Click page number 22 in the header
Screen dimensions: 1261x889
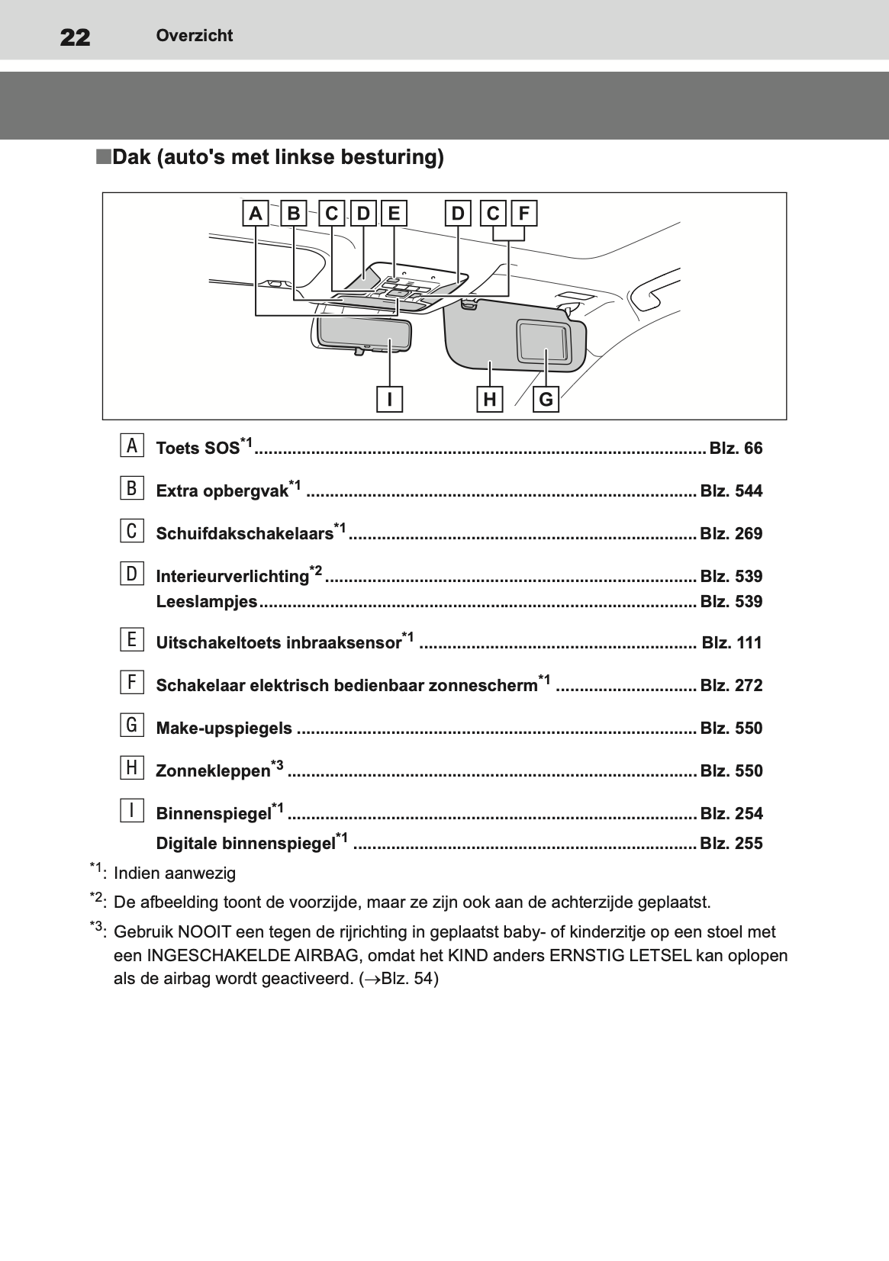point(75,36)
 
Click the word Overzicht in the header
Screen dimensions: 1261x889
point(195,36)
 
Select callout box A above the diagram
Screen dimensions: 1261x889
point(256,214)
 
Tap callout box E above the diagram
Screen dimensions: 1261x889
point(394,214)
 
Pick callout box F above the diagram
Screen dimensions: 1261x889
point(524,214)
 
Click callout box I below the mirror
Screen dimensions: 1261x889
point(389,399)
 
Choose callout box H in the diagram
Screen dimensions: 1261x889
point(490,399)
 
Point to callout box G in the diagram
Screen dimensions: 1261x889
point(546,399)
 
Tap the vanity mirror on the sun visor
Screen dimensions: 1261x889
point(542,340)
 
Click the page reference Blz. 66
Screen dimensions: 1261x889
point(736,448)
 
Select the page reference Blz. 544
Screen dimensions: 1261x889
point(731,491)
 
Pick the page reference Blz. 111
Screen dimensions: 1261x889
point(731,642)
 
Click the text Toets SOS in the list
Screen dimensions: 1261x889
point(198,448)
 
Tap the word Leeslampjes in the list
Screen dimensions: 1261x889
point(207,601)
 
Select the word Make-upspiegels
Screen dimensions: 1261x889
point(224,728)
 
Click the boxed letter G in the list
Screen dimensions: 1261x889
point(132,725)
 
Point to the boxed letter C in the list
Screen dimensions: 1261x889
point(132,530)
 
